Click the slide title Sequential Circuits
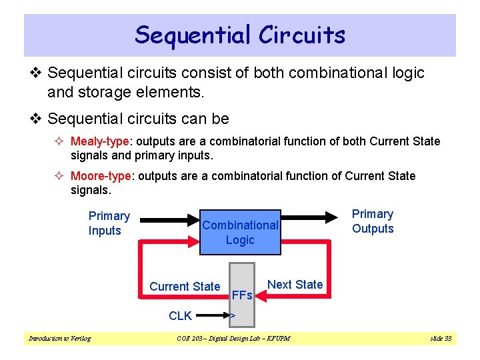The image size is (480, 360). (x=240, y=35)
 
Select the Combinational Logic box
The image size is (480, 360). (x=240, y=232)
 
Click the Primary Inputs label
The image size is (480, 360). (x=109, y=223)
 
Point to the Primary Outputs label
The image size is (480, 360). (x=373, y=221)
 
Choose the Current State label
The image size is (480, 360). (x=185, y=287)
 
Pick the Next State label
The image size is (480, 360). (x=295, y=285)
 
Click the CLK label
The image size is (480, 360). (x=180, y=315)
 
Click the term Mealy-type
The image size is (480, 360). (x=100, y=141)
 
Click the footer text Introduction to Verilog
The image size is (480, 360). (x=59, y=339)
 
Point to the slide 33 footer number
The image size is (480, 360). (x=441, y=339)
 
